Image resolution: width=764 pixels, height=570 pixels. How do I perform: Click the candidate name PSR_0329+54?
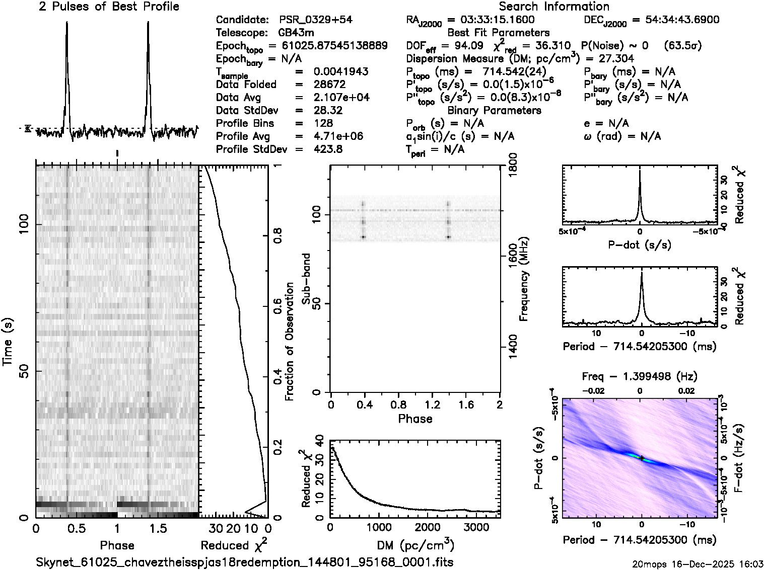pos(316,20)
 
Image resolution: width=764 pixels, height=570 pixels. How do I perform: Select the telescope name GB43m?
pos(296,33)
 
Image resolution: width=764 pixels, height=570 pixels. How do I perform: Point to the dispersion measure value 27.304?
pos(617,58)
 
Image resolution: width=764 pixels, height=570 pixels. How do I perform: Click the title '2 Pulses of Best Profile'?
pos(109,7)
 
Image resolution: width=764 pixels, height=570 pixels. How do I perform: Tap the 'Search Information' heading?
pos(553,7)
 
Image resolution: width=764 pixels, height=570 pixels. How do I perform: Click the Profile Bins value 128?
pos(322,123)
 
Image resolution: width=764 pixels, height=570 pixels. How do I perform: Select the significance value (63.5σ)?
pos(683,46)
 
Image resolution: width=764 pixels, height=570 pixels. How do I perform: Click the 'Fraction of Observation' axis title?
pos(289,342)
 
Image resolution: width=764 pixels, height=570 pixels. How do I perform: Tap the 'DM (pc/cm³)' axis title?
pos(415,545)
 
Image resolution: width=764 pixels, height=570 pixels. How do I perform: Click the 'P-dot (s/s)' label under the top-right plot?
pos(640,245)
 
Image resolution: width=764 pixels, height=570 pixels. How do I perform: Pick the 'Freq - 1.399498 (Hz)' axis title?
pos(640,376)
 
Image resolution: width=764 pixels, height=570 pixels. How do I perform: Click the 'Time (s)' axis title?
pos(8,342)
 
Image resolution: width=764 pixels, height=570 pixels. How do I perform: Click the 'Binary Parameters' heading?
pos(494,110)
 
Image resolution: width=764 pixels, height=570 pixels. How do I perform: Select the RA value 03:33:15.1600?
pos(491,20)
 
